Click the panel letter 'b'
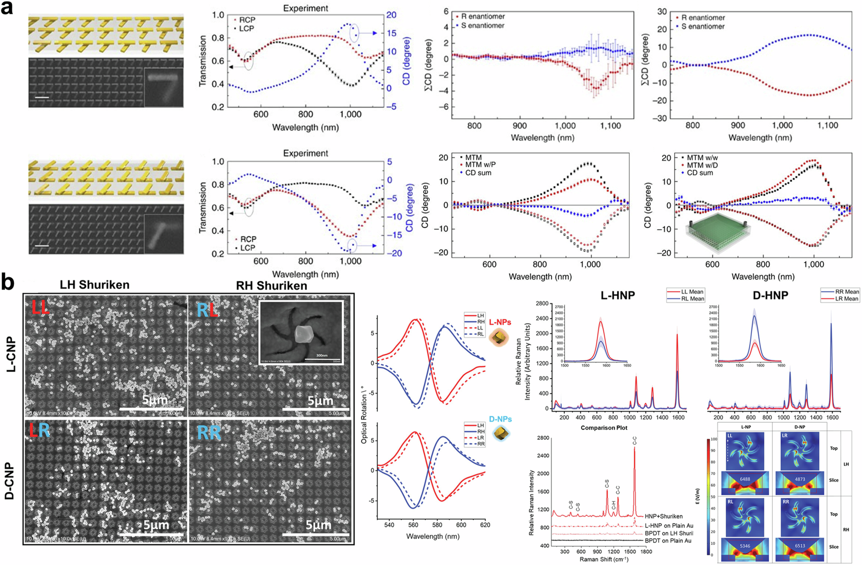pyautogui.click(x=8, y=283)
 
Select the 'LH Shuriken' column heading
pyautogui.click(x=94, y=285)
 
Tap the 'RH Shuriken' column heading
pyautogui.click(x=271, y=285)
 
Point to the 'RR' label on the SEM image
pyautogui.click(x=209, y=433)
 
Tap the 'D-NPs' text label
pyautogui.click(x=500, y=419)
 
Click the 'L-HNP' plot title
pyautogui.click(x=618, y=295)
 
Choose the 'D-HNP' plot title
pyautogui.click(x=770, y=295)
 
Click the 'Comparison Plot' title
pyautogui.click(x=604, y=428)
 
